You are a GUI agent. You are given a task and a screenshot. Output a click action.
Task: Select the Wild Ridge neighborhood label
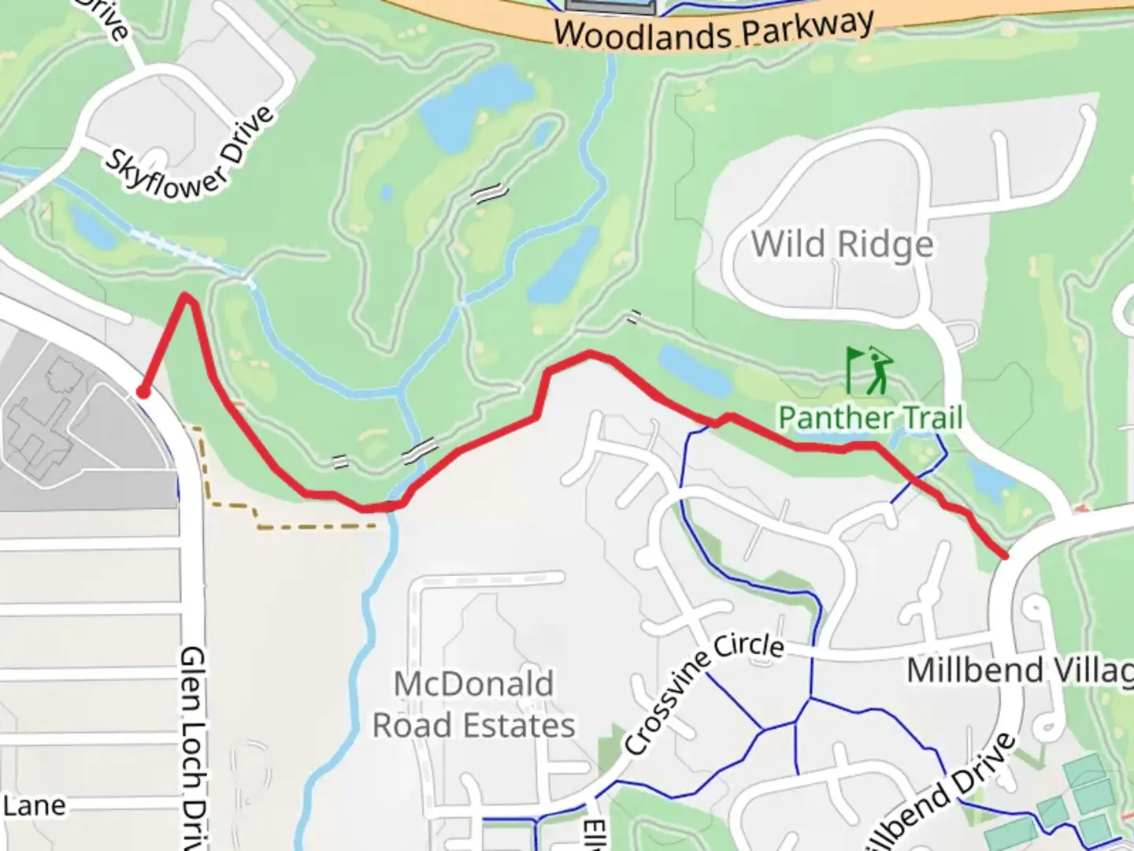842,243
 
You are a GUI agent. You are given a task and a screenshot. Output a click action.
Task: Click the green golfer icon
869,370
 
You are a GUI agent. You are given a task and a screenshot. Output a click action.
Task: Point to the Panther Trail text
870,417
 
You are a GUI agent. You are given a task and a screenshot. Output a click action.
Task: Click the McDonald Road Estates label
473,704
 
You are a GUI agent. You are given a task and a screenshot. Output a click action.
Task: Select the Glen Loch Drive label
193,749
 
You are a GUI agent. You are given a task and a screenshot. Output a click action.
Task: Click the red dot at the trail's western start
143,392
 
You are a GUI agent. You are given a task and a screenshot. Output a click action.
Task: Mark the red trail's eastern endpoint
1004,556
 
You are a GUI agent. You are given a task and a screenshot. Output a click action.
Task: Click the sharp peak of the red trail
186,296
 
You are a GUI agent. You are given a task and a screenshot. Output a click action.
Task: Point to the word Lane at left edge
33,805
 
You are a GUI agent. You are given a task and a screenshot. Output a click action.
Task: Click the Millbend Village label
1020,671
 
